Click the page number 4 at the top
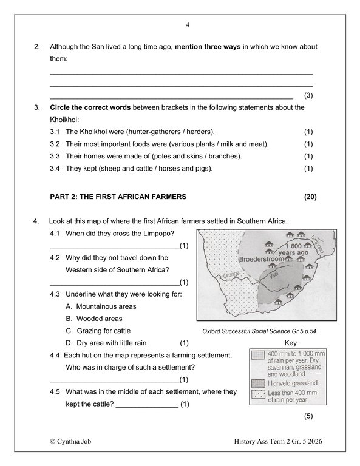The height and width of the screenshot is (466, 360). coord(187,25)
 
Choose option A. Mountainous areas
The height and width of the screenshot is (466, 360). coord(101,306)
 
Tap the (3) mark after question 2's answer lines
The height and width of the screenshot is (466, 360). coord(308,96)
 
